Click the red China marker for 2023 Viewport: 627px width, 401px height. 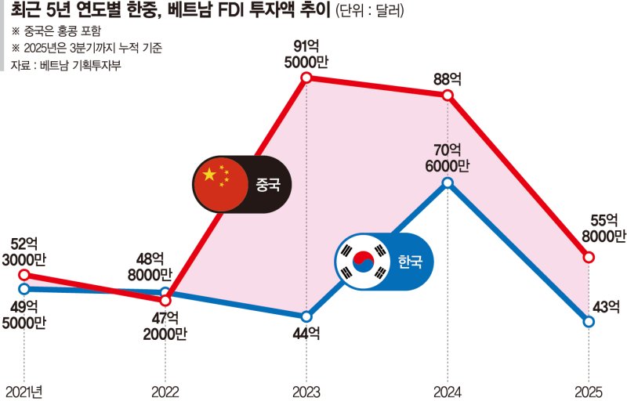click(306, 78)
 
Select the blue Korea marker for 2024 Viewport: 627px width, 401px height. click(448, 182)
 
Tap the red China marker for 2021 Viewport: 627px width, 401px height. click(24, 274)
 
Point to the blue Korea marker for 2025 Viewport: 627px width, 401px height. click(589, 320)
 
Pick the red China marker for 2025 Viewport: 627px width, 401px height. click(589, 256)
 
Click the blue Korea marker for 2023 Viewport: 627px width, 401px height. click(306, 316)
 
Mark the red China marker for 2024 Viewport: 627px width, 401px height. click(448, 95)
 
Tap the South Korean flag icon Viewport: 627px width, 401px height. click(362, 262)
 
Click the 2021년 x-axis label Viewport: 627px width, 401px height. click(24, 390)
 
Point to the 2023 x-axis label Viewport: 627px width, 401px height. click(306, 390)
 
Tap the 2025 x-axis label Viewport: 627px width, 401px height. click(589, 390)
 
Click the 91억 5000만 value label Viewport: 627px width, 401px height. click(306, 53)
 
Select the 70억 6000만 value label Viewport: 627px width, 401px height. click(448, 156)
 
